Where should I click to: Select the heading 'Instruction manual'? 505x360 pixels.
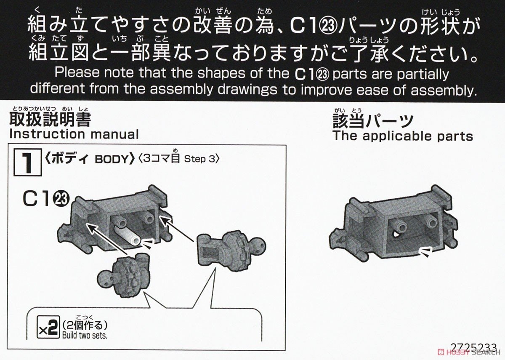point(74,134)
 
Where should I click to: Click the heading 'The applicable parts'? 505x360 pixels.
point(403,136)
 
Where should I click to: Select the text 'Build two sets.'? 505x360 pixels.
point(85,335)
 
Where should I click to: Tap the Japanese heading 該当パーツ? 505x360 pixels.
point(373,122)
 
